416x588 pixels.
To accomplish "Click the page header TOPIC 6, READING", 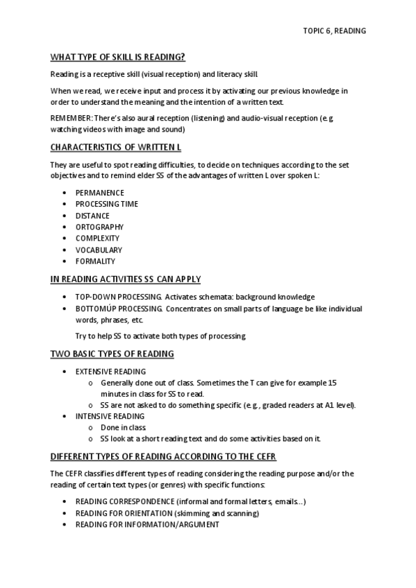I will click(x=334, y=31).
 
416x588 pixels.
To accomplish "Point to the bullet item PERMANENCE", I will click(x=100, y=193).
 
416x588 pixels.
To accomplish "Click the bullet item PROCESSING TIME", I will click(x=107, y=204).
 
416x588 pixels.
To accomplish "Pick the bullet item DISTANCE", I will click(x=92, y=216).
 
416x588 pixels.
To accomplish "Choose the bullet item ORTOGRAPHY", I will click(x=99, y=227).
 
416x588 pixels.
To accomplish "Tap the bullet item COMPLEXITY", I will click(x=97, y=239).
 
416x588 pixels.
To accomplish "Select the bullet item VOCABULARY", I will click(x=99, y=250).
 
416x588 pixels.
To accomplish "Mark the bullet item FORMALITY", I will click(x=95, y=261).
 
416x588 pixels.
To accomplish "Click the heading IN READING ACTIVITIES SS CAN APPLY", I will click(x=126, y=279).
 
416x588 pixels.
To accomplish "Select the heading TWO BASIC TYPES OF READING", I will click(x=112, y=354).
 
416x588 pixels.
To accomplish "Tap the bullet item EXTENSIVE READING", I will click(x=110, y=372).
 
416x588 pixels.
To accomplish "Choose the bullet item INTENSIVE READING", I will click(x=110, y=416).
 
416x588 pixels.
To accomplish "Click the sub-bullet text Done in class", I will click(x=123, y=428).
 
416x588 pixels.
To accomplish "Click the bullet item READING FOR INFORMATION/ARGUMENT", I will click(x=147, y=525).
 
